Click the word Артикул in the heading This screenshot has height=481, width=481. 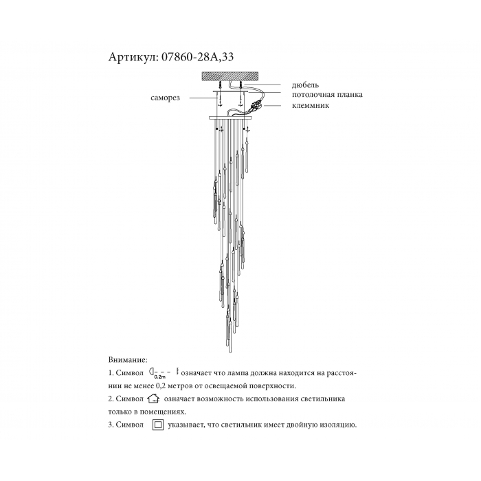(133, 57)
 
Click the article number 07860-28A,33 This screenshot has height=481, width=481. (197, 57)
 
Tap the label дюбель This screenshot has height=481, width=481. (305, 85)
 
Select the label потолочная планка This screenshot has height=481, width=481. (327, 95)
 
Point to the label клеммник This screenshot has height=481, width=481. (311, 105)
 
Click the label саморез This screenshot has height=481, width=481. (165, 98)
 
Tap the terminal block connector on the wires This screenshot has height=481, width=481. (256, 106)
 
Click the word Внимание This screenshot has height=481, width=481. (128, 359)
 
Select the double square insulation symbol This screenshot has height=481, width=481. (158, 425)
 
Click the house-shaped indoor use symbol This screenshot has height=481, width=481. (153, 399)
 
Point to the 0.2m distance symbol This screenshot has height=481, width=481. (164, 373)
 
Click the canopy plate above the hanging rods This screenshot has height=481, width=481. (230, 118)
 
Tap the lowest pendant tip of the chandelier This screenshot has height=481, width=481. (230, 352)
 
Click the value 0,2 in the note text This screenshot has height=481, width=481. (156, 386)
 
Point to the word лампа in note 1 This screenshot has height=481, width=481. (238, 373)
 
